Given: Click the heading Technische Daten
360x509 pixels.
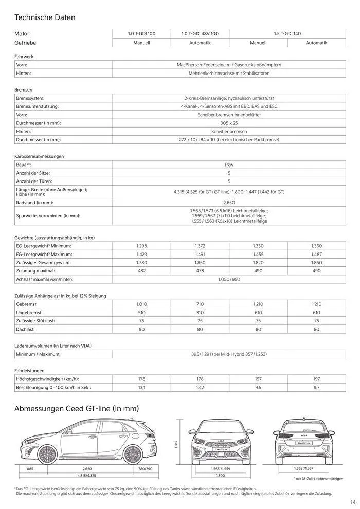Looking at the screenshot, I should pos(45,17).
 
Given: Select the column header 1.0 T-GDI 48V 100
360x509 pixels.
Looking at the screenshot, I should pos(200,33).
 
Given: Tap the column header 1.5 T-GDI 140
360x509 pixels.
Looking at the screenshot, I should pos(287,33).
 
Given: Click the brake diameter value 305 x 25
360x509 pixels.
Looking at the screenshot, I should pos(229,123).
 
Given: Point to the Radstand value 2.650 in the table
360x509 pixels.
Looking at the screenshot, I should pos(229,203).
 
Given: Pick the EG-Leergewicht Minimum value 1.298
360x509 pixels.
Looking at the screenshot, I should pos(141,246).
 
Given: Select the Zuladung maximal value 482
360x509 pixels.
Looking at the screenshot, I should pos(141,270).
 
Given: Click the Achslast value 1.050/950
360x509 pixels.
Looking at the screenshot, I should pos(229,279).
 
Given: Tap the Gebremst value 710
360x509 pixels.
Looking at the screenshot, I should pos(200,304).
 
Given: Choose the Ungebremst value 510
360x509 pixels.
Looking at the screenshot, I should pos(141,313).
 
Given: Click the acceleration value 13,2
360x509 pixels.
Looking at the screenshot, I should pos(200,387).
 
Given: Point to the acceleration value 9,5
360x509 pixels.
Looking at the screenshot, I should pos(258,387).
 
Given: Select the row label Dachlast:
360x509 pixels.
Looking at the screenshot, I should pos(26,329).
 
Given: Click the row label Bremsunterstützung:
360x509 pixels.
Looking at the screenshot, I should pos(37,106).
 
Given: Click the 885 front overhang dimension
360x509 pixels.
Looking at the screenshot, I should pos(30,469).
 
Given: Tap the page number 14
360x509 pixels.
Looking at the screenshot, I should pos(353,502).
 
